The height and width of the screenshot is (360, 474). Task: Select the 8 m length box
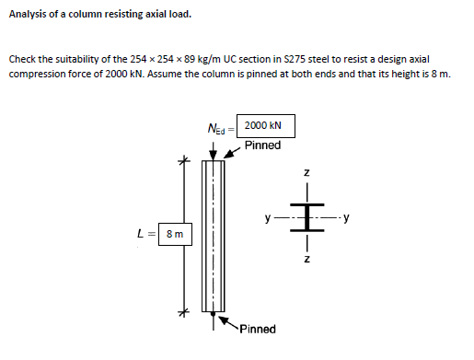coord(173,235)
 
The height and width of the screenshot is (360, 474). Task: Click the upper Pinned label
coord(263,145)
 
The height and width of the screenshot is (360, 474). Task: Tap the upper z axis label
coord(308,174)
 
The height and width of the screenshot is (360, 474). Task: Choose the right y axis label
coord(346,219)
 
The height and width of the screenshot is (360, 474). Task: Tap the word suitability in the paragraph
coord(77,58)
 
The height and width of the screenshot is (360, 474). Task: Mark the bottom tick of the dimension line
coord(184,311)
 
